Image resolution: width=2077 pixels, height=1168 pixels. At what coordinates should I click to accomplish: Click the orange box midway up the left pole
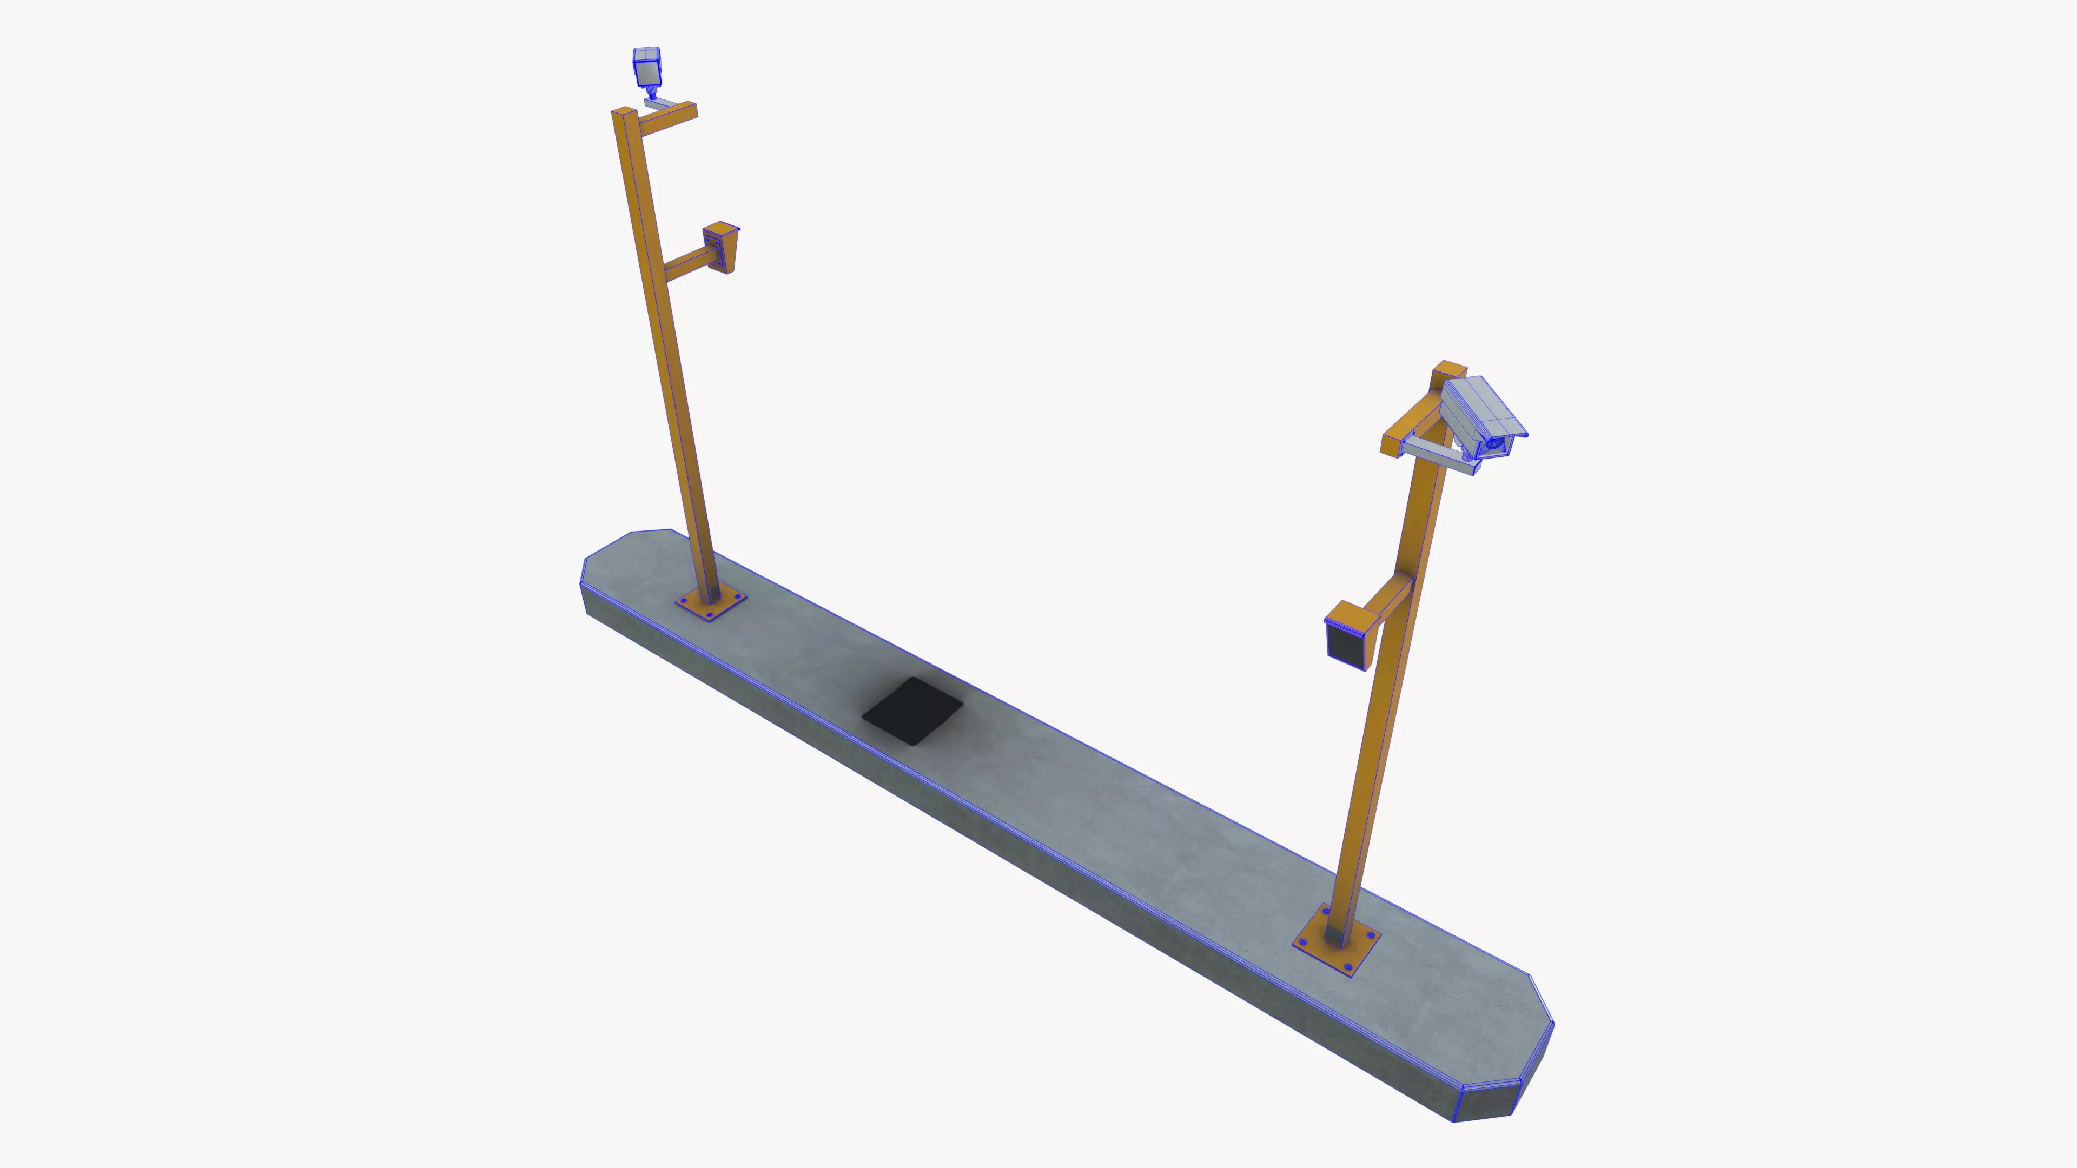722,246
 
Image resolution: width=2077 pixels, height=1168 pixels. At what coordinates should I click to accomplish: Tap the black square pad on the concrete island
912,711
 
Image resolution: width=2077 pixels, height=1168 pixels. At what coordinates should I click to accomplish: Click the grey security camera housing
1479,413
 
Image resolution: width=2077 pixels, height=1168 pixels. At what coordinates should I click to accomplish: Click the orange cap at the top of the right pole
1449,370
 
